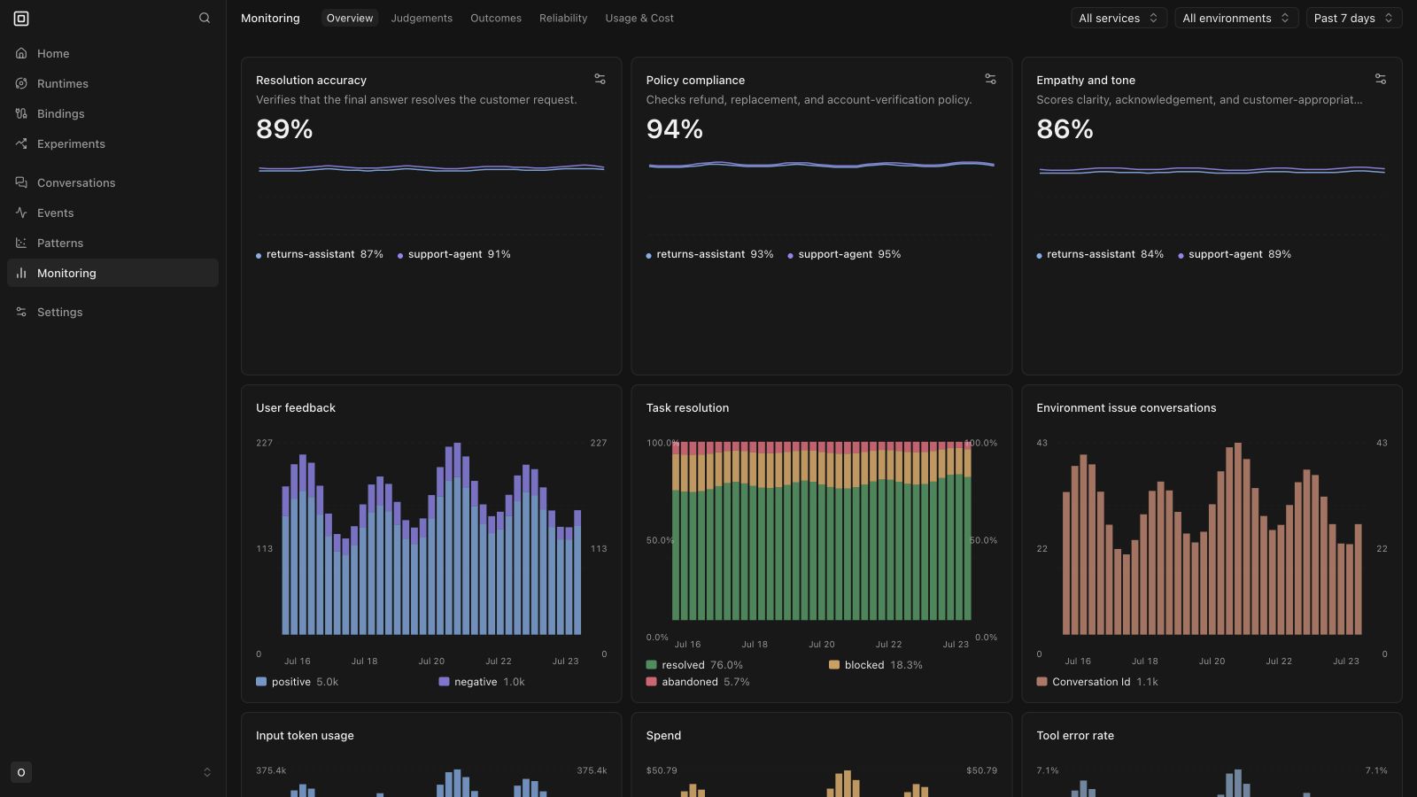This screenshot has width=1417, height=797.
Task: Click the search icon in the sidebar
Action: pyautogui.click(x=205, y=18)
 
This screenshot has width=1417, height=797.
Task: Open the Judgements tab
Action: pyautogui.click(x=422, y=19)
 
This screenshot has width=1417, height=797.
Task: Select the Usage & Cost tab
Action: pyautogui.click(x=639, y=19)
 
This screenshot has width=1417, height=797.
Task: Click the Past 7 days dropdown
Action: pyautogui.click(x=1354, y=19)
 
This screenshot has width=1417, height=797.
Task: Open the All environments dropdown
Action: pyautogui.click(x=1236, y=19)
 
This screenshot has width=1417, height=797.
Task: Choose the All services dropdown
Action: pyautogui.click(x=1119, y=19)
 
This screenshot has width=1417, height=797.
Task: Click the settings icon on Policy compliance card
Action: pyautogui.click(x=990, y=79)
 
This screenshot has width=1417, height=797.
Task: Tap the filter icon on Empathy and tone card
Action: pyautogui.click(x=1381, y=79)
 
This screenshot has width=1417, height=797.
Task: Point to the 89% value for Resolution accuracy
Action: pyautogui.click(x=284, y=129)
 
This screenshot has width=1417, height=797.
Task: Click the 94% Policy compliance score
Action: pyautogui.click(x=674, y=129)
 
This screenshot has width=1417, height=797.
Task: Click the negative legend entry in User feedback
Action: pyautogui.click(x=482, y=682)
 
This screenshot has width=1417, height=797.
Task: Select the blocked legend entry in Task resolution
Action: pyautogui.click(x=876, y=665)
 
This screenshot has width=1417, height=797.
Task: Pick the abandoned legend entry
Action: pyautogui.click(x=698, y=682)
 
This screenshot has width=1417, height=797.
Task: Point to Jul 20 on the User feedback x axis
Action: pyautogui.click(x=431, y=661)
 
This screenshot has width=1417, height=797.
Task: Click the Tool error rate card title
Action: pyautogui.click(x=1075, y=736)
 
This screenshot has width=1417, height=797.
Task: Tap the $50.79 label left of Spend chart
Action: pyautogui.click(x=661, y=770)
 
